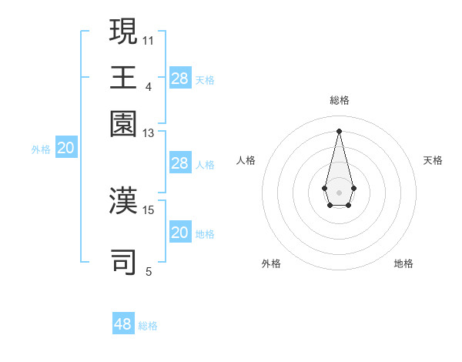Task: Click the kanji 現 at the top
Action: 123,32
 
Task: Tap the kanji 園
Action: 123,123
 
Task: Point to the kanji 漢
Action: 123,199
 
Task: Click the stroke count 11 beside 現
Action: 148,40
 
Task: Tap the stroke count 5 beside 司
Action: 148,271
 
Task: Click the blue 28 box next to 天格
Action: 180,78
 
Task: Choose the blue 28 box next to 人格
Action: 180,163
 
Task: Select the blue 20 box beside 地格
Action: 180,233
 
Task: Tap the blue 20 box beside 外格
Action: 66,149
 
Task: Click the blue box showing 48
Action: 123,323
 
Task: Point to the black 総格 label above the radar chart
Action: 339,101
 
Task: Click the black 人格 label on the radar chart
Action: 246,160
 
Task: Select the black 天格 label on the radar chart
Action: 433,160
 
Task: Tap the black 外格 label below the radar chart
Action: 271,263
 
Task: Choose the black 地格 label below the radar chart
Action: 403,263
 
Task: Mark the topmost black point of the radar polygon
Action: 339,129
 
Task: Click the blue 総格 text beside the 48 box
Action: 148,326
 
